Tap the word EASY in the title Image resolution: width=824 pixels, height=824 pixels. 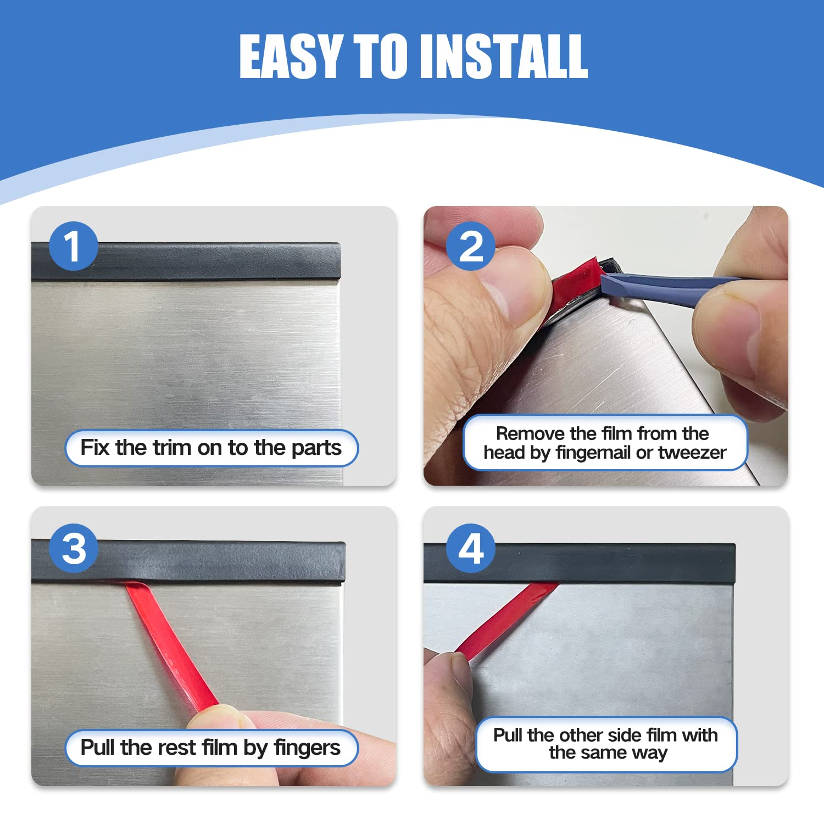pos(291,56)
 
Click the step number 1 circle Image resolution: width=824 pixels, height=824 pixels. pos(73,246)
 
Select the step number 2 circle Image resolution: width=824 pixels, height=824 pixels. pos(470,246)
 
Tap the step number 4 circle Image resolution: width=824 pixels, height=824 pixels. pos(470,548)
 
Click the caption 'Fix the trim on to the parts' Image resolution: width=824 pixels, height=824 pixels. pos(211,448)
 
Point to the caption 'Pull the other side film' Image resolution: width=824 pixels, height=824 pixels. pos(605,735)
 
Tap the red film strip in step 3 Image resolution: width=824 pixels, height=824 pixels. pos(170,648)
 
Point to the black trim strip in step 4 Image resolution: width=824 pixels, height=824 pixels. pos(604,563)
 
